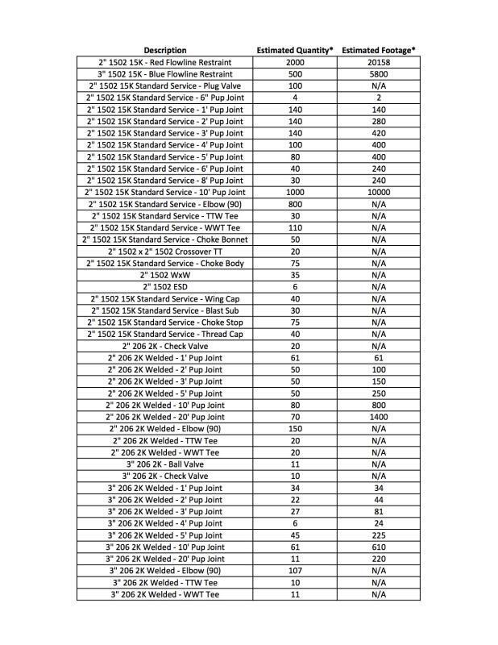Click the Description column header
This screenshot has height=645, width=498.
[x=164, y=50]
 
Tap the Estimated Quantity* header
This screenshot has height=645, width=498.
[x=294, y=50]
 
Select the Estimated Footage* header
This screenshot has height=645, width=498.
[x=378, y=50]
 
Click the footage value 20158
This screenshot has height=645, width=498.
[x=378, y=62]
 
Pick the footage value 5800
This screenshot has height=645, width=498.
[x=378, y=74]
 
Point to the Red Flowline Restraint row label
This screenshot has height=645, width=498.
[x=164, y=62]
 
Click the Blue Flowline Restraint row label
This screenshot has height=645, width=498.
[x=164, y=74]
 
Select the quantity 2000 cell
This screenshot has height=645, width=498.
[x=294, y=62]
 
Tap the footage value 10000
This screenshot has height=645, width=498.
[x=378, y=193]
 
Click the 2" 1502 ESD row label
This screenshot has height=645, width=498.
[x=164, y=287]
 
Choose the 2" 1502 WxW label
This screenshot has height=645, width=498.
[x=164, y=275]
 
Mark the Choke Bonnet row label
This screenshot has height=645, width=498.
[x=164, y=239]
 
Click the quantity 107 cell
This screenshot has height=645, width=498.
[x=294, y=571]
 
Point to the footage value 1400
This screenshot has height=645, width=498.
[x=378, y=417]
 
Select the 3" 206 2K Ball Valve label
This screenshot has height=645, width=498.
[x=164, y=464]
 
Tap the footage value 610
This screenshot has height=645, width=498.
[x=378, y=547]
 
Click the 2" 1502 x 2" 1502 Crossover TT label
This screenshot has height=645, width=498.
[x=164, y=252]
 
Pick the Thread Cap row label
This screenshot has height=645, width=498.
[x=164, y=334]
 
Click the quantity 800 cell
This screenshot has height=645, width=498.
[x=294, y=204]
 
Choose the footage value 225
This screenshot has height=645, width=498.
[x=378, y=535]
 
